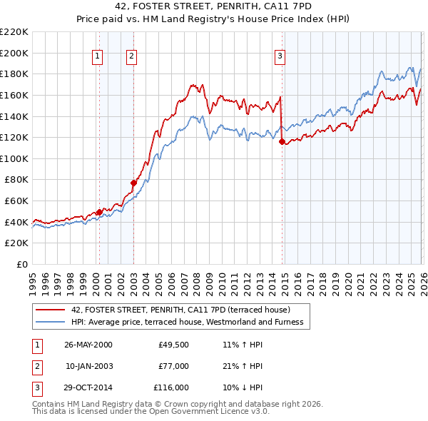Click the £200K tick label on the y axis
14,53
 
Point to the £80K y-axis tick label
16,180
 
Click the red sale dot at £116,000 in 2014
282,142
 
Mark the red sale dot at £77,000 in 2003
133,183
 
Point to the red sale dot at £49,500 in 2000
100,212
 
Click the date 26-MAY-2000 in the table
88,345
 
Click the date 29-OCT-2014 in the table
88,387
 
